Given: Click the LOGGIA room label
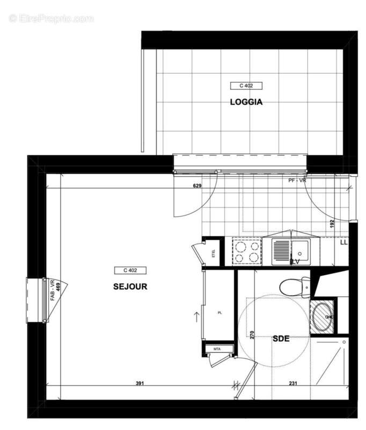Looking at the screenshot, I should tap(246, 102).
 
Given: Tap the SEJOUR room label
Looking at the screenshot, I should tap(130, 286).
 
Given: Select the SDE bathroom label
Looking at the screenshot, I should tap(281, 339).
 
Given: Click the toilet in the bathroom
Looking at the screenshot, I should tap(294, 286).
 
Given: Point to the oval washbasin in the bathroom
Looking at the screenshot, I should tap(323, 317).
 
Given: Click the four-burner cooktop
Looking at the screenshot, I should tap(247, 252).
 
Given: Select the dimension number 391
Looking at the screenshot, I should tap(140, 383).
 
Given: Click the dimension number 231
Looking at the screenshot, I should tap(293, 383).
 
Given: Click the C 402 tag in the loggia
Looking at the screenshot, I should tap(246, 85).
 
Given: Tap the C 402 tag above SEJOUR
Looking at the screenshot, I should tap(130, 270).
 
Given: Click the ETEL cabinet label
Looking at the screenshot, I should tap(214, 255).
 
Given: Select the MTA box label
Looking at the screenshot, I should tap(217, 349).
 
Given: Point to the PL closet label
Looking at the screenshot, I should tap(219, 312).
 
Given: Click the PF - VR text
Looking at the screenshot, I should tap(297, 181).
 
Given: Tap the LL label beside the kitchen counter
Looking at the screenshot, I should tap(343, 243).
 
